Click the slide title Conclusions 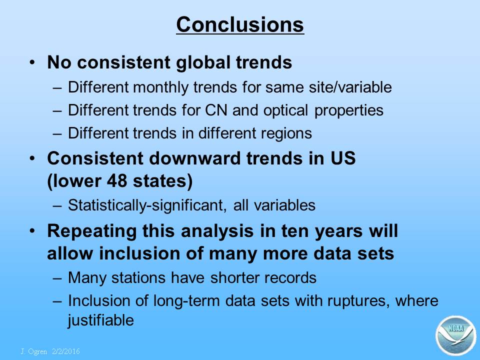(x=240, y=24)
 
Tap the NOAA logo (x=456, y=335)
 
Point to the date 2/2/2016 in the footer (x=66, y=351)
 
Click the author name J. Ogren (x=33, y=351)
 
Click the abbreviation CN (x=216, y=110)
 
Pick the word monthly (x=160, y=87)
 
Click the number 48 (x=116, y=180)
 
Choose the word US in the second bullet (x=343, y=158)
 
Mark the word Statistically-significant (x=147, y=205)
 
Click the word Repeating (x=91, y=231)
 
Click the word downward (x=194, y=158)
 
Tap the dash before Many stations (x=57, y=278)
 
